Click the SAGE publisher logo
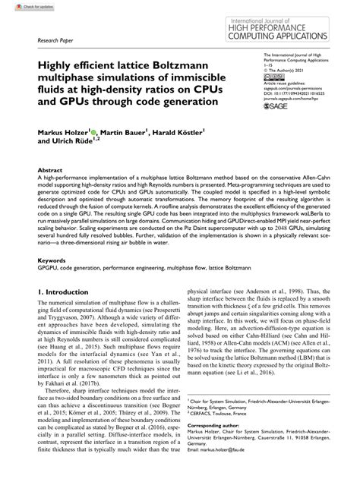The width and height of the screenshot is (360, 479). click(284, 108)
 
